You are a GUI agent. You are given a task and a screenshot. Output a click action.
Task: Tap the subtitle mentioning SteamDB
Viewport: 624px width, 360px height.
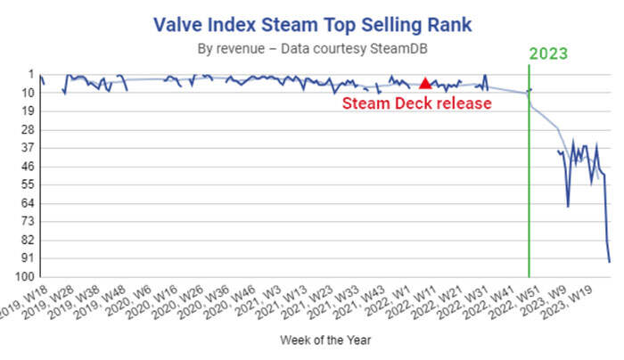pyautogui.click(x=311, y=48)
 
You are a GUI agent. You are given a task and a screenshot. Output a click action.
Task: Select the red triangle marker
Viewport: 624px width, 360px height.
pyautogui.click(x=425, y=83)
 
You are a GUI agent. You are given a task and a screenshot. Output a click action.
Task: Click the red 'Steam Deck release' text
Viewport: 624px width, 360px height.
pyautogui.click(x=417, y=103)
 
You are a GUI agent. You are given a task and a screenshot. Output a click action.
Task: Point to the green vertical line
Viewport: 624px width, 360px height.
pyautogui.click(x=529, y=178)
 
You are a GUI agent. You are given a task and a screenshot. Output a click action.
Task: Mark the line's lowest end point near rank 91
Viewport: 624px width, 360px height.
pyautogui.click(x=610, y=261)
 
